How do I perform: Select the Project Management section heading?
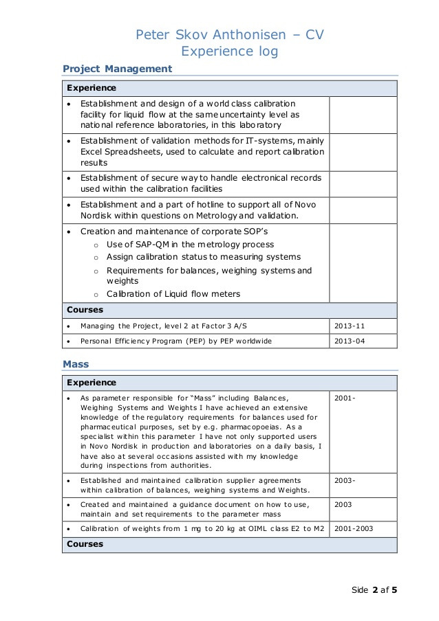point(117,69)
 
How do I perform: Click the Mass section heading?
point(76,363)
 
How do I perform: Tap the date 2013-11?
point(349,326)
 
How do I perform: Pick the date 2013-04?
point(349,341)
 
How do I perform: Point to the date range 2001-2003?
point(355,528)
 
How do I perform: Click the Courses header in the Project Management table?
point(85,310)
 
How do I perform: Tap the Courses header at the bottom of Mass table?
point(85,544)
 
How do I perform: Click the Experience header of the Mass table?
point(91,383)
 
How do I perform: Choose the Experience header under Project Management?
point(91,89)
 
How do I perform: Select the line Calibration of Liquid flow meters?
point(173,294)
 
